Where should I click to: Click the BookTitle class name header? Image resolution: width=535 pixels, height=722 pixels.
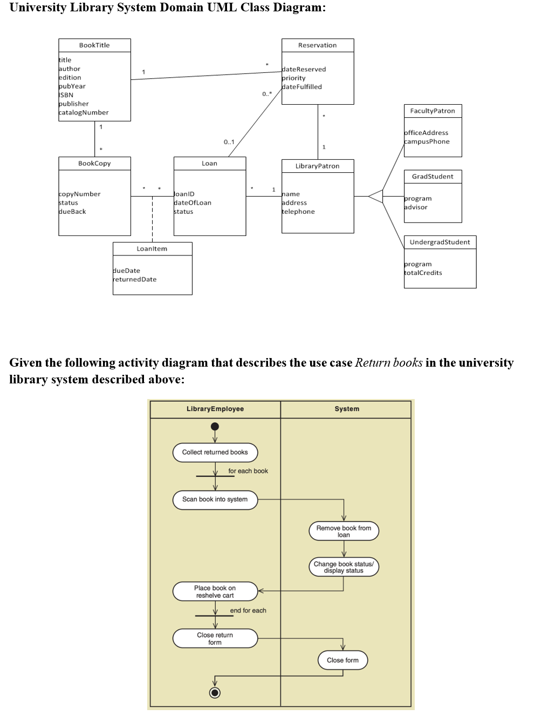pos(94,45)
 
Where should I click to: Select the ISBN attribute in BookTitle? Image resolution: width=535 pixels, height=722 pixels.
pos(66,95)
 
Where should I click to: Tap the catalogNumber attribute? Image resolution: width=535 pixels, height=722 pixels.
pos(84,113)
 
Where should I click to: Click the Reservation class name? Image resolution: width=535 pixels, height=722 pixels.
pos(317,45)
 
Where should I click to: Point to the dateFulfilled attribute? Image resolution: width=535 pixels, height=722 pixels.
pos(301,87)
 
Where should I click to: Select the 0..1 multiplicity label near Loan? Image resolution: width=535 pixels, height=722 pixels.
pos(229,142)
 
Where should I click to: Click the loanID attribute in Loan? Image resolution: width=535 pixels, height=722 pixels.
pos(184,194)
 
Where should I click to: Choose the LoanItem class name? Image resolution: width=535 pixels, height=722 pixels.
pos(152,249)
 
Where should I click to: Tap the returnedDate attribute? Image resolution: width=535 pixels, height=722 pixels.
pos(135,280)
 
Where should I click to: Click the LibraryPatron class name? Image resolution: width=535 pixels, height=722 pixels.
pos(317,166)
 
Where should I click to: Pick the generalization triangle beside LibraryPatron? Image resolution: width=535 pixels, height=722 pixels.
pos(376,197)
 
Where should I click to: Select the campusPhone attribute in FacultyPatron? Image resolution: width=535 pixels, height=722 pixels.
pos(427,141)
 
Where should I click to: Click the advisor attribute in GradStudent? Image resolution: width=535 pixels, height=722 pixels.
pos(416,207)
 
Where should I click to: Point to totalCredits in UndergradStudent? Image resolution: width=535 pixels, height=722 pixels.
pos(423,273)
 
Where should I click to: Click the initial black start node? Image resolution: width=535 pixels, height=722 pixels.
pos(215,427)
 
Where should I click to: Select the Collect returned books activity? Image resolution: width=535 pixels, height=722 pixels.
pos(215,453)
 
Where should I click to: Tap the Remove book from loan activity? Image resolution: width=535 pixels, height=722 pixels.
pos(344,531)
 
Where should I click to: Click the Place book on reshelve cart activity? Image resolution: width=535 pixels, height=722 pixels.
pos(215,592)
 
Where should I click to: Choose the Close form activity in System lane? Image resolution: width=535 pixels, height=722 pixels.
pos(342,660)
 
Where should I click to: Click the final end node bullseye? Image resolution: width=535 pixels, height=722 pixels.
pos(215,693)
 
